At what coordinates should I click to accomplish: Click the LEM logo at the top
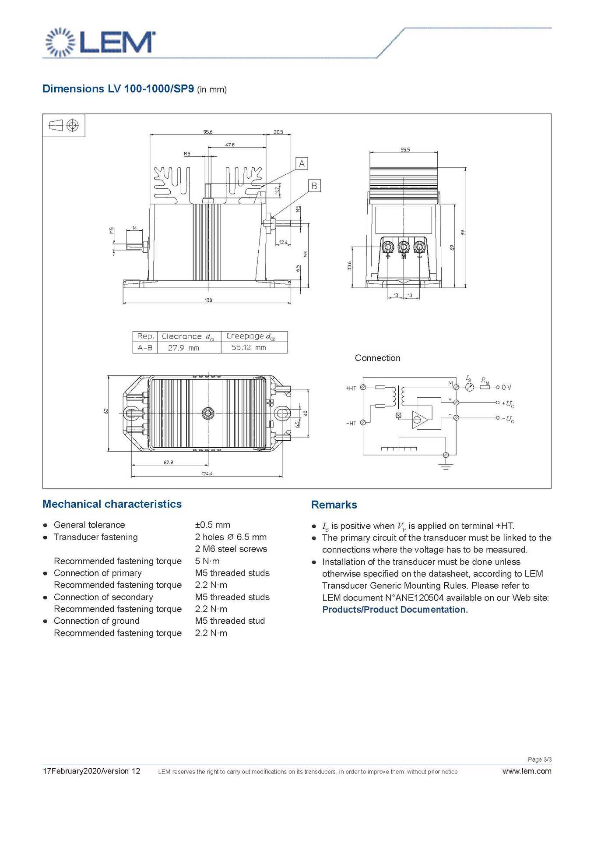(100, 42)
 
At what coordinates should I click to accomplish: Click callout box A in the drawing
(302, 164)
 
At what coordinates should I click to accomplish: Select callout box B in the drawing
(314, 186)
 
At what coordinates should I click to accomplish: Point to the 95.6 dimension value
(208, 132)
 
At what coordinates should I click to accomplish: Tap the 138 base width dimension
(208, 300)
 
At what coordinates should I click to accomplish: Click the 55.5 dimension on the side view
(405, 150)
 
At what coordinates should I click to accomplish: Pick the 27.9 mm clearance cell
(183, 348)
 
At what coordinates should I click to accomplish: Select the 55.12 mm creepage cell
(249, 347)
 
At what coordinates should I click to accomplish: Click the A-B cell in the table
(145, 348)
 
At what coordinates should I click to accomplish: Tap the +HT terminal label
(351, 388)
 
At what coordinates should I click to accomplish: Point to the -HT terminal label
(351, 423)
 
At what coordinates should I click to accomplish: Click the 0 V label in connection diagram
(506, 387)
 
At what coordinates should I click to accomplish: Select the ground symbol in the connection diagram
(446, 465)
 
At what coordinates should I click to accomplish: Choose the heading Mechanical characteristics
(112, 504)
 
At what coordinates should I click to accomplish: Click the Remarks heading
(334, 505)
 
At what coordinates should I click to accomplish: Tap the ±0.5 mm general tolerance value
(213, 525)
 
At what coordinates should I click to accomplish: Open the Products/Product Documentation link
(395, 610)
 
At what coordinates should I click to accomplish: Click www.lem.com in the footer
(527, 771)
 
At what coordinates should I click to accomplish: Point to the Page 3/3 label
(539, 760)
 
